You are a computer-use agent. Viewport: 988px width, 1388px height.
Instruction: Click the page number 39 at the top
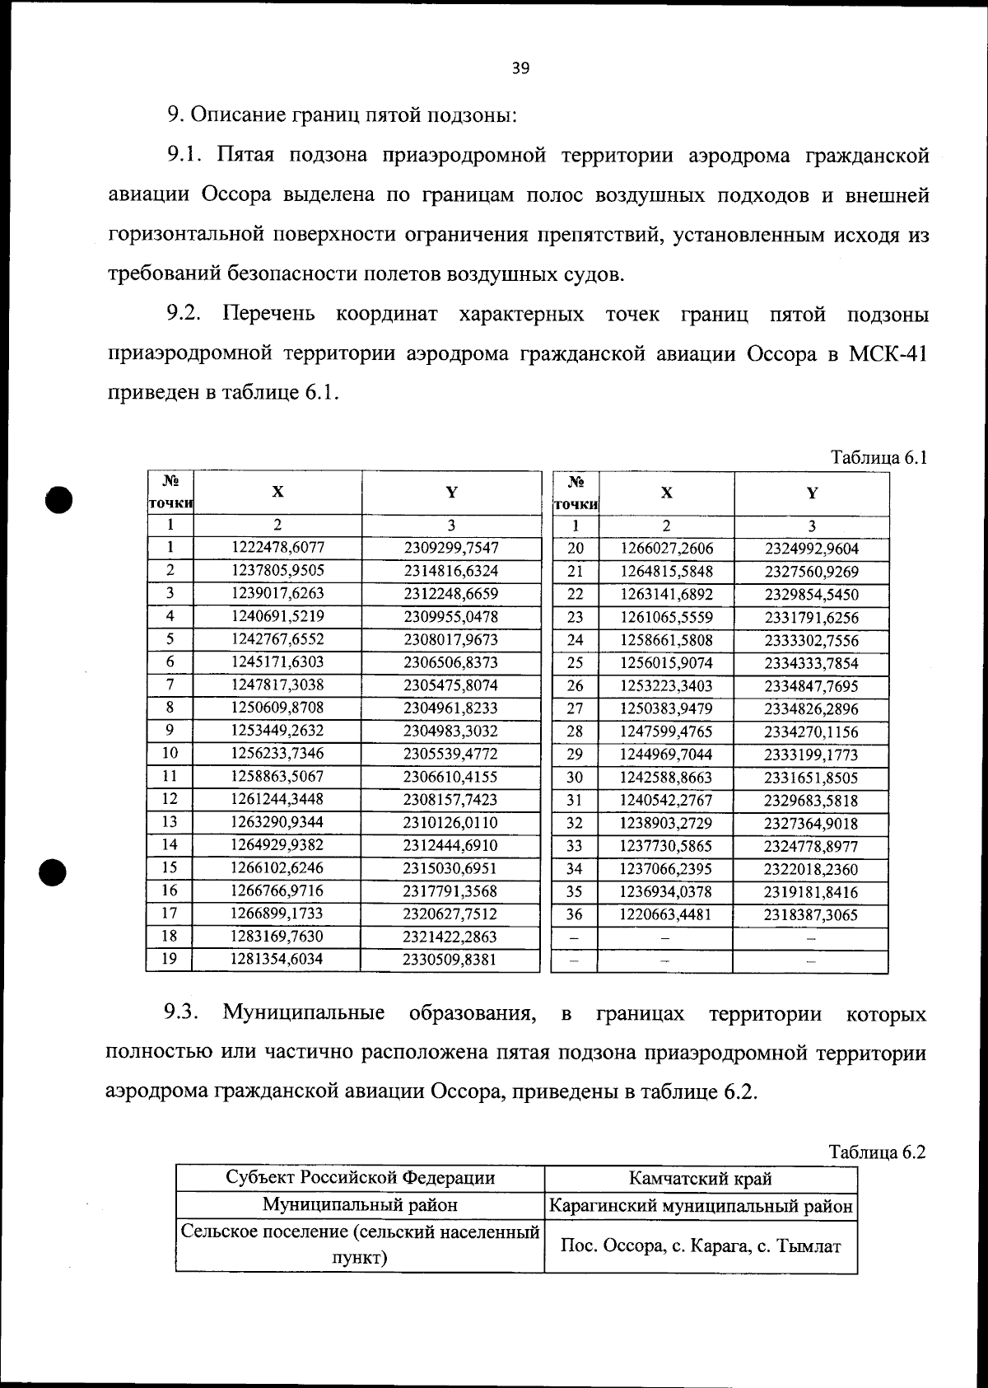pos(520,68)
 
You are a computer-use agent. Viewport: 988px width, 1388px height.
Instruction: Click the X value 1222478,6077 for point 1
pos(277,548)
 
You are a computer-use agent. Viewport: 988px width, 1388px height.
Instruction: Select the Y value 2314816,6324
pos(450,571)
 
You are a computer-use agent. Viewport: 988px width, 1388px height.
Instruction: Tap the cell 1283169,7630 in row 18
pos(277,937)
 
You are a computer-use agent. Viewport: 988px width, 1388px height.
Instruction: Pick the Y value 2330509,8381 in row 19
pos(450,960)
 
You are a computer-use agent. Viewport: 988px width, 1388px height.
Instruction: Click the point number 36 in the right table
pos(575,914)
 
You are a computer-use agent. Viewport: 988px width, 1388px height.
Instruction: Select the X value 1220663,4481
pos(666,914)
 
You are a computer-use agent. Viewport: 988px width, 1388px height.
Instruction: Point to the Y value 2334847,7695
pos(811,686)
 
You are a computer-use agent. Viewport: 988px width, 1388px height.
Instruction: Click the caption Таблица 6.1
pos(878,457)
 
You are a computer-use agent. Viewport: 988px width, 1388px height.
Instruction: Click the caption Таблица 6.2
pos(877,1152)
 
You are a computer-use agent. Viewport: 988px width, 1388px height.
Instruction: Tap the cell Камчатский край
pos(701,1178)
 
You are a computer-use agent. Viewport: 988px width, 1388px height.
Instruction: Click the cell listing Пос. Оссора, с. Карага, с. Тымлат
pos(701,1245)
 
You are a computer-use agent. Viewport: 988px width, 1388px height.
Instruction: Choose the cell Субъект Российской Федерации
pos(361,1178)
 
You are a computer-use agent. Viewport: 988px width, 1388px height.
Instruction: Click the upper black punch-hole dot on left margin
pos(60,498)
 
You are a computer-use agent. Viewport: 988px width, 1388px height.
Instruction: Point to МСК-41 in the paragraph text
pos(888,354)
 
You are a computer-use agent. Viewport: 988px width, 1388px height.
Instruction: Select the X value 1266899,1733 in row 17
pos(277,914)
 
